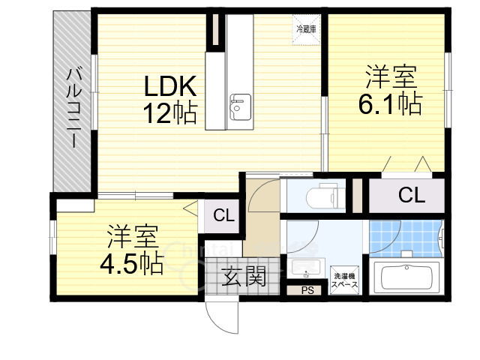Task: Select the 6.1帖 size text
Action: tap(389, 104)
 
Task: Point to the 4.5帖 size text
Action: tap(132, 264)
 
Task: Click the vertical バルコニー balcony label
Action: tap(74, 108)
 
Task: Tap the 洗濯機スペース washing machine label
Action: tap(346, 280)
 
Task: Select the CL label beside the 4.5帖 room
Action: tap(223, 216)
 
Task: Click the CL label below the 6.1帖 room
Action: tap(411, 196)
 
